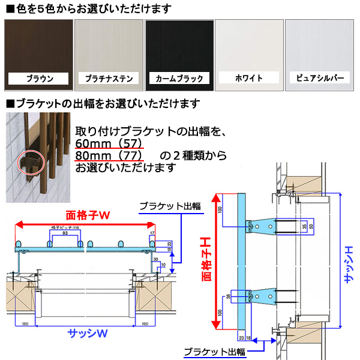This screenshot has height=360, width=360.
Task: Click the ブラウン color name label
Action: pyautogui.click(x=39, y=79)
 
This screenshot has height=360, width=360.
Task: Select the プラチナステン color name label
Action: pyautogui.click(x=109, y=79)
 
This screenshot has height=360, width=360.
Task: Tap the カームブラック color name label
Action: pyautogui.click(x=179, y=79)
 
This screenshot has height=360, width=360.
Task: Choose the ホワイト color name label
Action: pyautogui.click(x=249, y=79)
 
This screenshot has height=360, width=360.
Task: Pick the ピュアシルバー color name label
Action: pyautogui.click(x=320, y=79)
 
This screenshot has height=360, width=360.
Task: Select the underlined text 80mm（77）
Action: pyautogui.click(x=109, y=155)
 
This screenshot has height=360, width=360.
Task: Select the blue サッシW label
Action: pyautogui.click(x=86, y=334)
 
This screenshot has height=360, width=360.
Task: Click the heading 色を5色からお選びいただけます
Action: pyautogui.click(x=90, y=8)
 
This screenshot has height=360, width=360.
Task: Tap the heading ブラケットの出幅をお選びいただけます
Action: pyautogui.click(x=105, y=103)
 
